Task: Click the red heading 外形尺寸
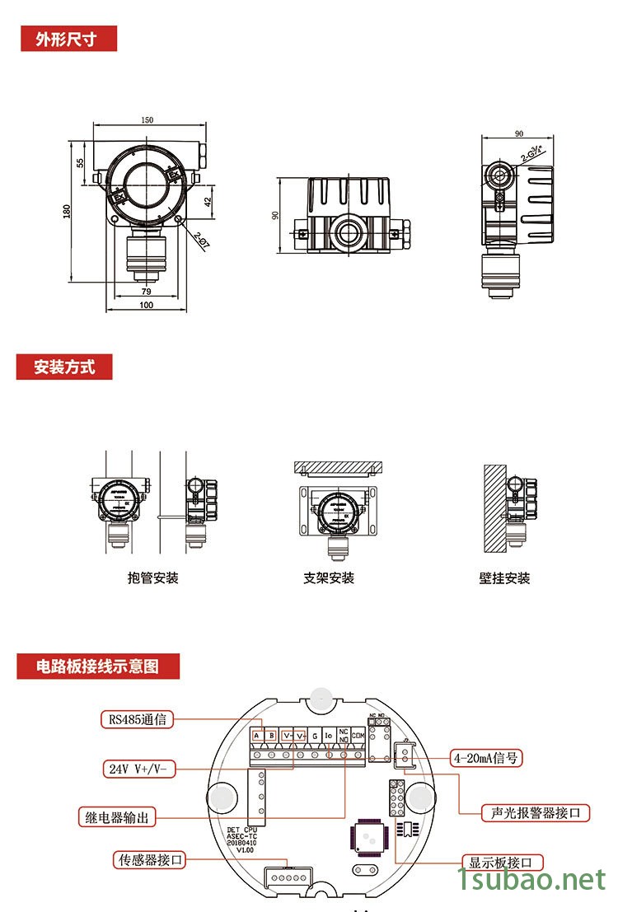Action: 68,39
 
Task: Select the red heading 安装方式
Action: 64,367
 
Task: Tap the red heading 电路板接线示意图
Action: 98,666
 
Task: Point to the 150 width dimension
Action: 147,120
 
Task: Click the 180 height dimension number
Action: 67,212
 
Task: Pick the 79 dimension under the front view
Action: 146,292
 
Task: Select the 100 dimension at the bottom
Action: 146,306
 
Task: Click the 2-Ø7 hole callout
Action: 202,240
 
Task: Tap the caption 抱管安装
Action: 153,578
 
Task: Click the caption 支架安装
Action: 329,578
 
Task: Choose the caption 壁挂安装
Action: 504,578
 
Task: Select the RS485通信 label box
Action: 138,719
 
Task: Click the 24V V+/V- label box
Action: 138,769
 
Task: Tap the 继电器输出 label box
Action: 118,818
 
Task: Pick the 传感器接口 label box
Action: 149,860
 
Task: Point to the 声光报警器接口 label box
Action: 536,813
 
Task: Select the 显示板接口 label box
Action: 506,863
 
